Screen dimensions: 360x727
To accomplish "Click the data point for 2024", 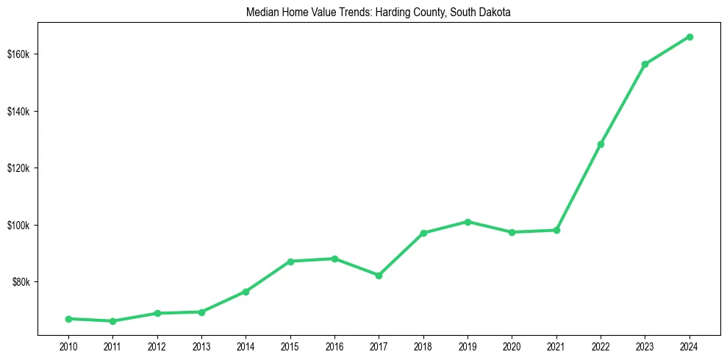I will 690,37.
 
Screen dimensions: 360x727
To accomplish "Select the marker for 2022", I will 601,144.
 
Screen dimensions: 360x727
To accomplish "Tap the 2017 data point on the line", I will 379,276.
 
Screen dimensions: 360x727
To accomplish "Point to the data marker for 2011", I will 112,321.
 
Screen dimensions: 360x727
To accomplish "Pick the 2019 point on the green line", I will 468,222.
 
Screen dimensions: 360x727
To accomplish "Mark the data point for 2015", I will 290,262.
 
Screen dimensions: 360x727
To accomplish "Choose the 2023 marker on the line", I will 645,65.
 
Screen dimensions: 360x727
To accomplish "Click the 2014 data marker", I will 246,292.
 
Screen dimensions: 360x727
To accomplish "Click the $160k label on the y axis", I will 18,54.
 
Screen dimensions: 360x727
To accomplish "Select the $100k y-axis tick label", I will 18,225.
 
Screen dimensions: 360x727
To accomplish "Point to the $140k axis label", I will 18,111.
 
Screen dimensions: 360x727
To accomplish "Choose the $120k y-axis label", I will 18,168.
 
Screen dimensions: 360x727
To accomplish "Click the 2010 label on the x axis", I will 68,345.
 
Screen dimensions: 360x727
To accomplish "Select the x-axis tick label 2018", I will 423,345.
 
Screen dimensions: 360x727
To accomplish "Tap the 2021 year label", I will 556,345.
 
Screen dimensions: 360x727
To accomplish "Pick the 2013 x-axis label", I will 201,345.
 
